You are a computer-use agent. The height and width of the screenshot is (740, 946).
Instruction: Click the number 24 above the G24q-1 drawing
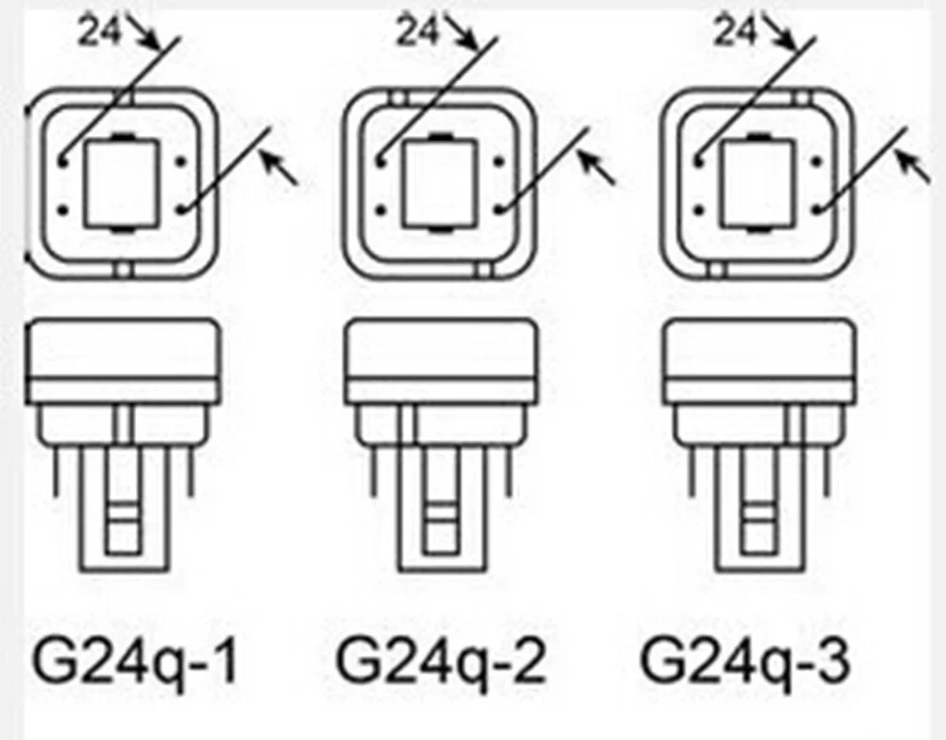pyautogui.click(x=99, y=31)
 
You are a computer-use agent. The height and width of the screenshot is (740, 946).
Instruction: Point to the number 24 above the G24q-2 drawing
pyautogui.click(x=417, y=31)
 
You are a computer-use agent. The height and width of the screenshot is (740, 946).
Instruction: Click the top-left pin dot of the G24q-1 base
pyautogui.click(x=61, y=160)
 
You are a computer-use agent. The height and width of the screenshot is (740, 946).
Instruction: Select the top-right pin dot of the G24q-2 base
pyautogui.click(x=499, y=160)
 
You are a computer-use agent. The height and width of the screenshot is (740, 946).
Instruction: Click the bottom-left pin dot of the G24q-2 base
pyautogui.click(x=379, y=205)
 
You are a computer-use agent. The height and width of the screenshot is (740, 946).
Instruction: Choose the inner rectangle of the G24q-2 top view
pyautogui.click(x=439, y=183)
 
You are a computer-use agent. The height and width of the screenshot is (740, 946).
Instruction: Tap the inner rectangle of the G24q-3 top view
pyautogui.click(x=757, y=183)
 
